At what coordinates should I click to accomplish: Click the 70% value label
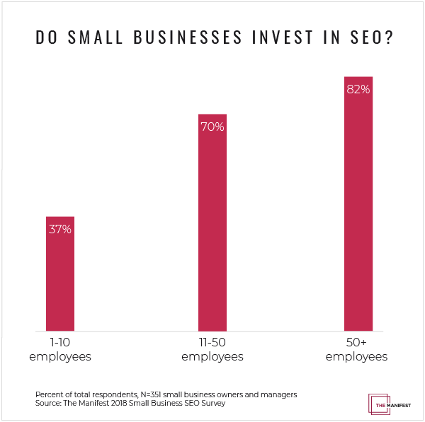click(212, 127)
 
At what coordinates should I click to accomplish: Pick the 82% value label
click(358, 90)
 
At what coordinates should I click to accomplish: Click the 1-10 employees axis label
click(60, 350)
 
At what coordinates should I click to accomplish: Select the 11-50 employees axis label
click(212, 350)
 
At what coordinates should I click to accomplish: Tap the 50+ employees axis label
click(357, 350)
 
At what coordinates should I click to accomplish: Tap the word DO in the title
click(44, 38)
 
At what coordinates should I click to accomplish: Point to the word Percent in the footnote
click(49, 394)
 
